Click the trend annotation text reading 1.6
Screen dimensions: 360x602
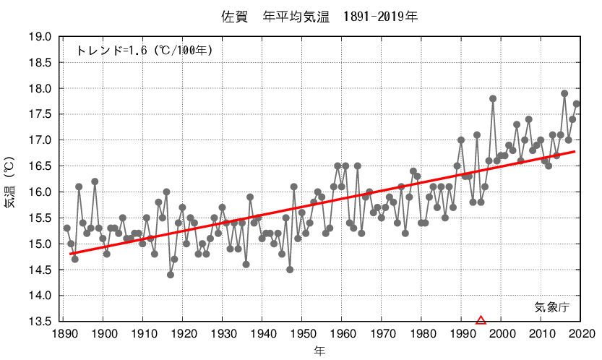click(x=144, y=51)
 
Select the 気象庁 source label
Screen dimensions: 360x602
click(x=553, y=307)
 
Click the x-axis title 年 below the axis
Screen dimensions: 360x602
click(x=319, y=351)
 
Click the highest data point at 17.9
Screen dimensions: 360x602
click(x=564, y=93)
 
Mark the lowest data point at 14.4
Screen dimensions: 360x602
click(x=171, y=275)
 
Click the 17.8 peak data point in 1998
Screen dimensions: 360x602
click(x=493, y=98)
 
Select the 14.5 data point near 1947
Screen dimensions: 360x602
click(x=290, y=270)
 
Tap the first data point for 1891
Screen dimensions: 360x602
click(x=67, y=228)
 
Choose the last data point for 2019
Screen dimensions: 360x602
click(x=576, y=103)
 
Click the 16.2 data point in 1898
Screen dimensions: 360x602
click(x=95, y=181)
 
